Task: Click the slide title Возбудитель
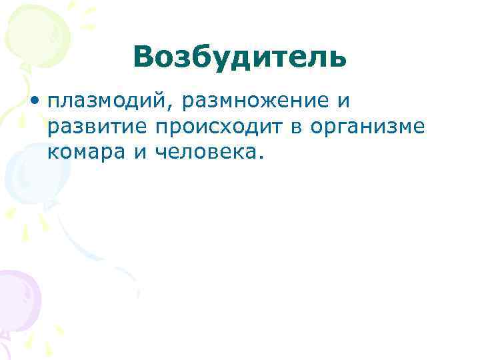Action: [239, 57]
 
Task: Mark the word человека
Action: [206, 153]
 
